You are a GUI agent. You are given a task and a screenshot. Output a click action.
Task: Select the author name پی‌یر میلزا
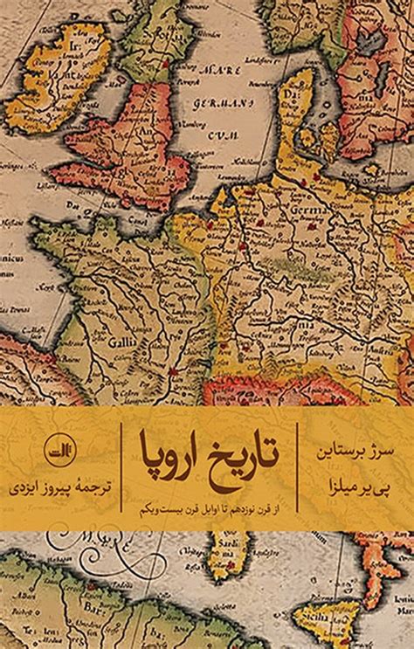(358, 483)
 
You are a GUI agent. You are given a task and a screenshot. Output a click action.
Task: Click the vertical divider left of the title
(121, 467)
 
